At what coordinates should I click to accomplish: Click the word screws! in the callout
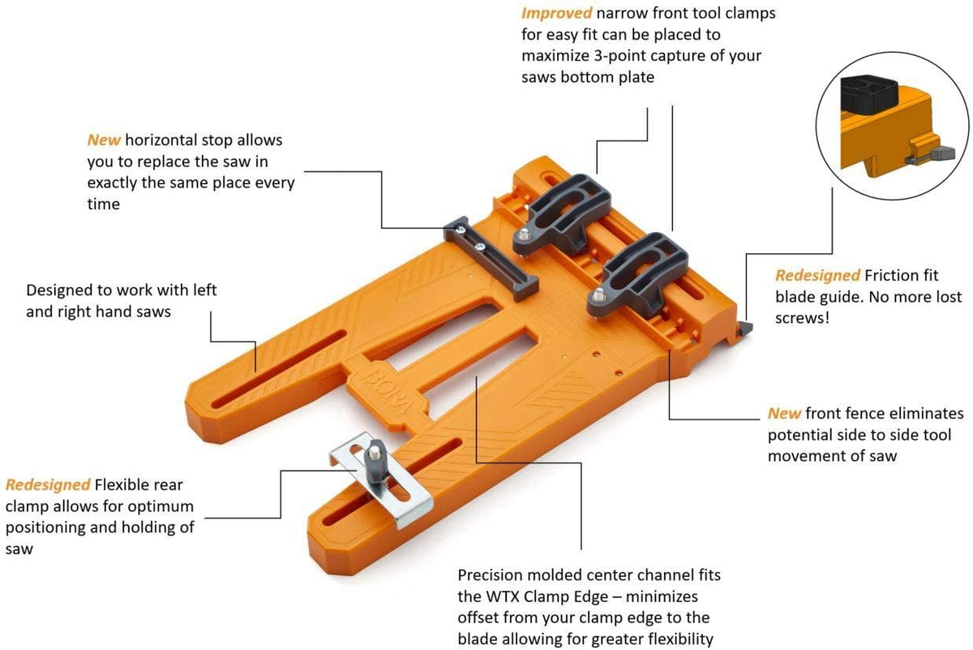(x=802, y=317)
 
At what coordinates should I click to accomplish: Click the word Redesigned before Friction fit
(x=817, y=275)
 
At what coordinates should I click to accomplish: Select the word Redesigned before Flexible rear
(x=48, y=485)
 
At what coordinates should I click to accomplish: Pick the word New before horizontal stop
(x=104, y=140)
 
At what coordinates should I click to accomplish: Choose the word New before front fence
(x=784, y=413)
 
